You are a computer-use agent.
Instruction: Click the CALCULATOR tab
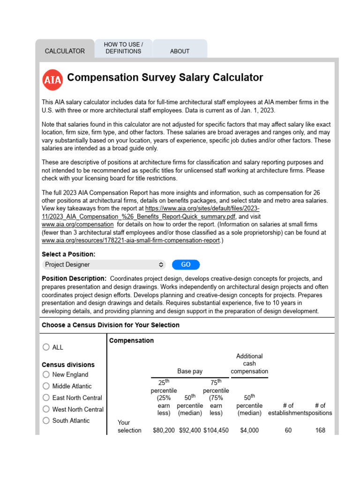click(x=65, y=51)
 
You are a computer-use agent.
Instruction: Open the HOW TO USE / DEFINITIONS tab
click(x=123, y=48)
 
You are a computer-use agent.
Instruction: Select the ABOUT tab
click(x=180, y=51)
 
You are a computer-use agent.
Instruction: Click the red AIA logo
click(x=52, y=80)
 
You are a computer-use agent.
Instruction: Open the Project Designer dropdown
click(x=104, y=264)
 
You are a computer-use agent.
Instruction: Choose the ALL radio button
click(x=46, y=347)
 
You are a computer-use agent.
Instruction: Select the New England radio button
click(x=46, y=375)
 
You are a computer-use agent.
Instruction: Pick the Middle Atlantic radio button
click(x=46, y=386)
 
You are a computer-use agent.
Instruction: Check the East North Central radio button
click(x=46, y=397)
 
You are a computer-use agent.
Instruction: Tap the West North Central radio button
click(x=46, y=409)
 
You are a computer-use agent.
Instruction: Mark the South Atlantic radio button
click(x=46, y=420)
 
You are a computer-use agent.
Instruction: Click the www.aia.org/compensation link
click(x=77, y=225)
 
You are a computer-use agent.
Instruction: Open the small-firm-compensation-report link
click(x=131, y=240)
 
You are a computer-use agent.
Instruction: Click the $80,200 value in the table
click(x=164, y=430)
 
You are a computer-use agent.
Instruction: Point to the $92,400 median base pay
click(x=190, y=430)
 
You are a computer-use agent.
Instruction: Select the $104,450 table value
click(x=216, y=430)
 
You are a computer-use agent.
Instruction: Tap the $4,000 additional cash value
click(x=249, y=430)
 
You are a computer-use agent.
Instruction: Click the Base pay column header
click(x=190, y=371)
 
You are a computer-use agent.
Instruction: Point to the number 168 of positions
click(x=320, y=430)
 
